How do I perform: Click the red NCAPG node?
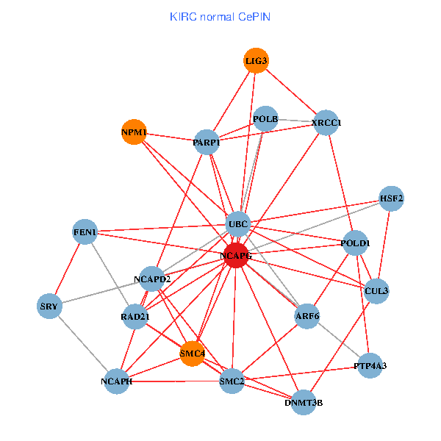[x=235, y=255]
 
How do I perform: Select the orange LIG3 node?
[x=256, y=60]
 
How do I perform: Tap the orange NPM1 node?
[x=134, y=132]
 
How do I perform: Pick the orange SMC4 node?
[x=192, y=354]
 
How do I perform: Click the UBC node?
[x=238, y=223]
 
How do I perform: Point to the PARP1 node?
[x=207, y=142]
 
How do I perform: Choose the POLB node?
[x=265, y=118]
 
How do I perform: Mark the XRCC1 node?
[x=326, y=122]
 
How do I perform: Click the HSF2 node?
[x=391, y=198]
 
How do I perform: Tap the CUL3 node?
[x=376, y=291]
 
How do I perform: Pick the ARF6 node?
[x=307, y=316]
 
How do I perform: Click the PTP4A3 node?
[x=370, y=365]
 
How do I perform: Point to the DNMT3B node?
[x=304, y=402]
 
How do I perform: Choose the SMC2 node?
[x=232, y=380]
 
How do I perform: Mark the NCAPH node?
[x=117, y=381]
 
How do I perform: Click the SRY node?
[x=49, y=306]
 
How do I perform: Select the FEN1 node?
[x=85, y=232]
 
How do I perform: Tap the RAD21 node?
[x=135, y=317]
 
